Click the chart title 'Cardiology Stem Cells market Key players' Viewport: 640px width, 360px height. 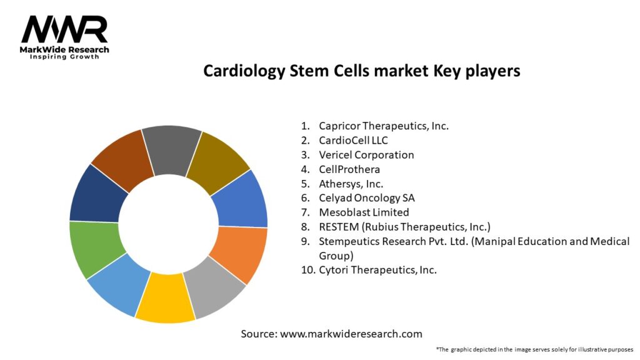click(361, 71)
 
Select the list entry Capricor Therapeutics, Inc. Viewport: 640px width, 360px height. click(383, 126)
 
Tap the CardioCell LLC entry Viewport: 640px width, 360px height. click(353, 140)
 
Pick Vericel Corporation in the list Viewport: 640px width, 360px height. click(366, 154)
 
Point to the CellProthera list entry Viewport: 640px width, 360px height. click(349, 169)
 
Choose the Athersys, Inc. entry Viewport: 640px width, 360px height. click(351, 183)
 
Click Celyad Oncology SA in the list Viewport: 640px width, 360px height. click(366, 197)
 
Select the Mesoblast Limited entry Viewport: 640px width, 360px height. click(364, 212)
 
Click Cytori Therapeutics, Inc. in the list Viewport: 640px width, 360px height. click(377, 270)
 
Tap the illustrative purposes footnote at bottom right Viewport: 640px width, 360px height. click(534, 349)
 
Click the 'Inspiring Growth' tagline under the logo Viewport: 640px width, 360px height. click(64, 57)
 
